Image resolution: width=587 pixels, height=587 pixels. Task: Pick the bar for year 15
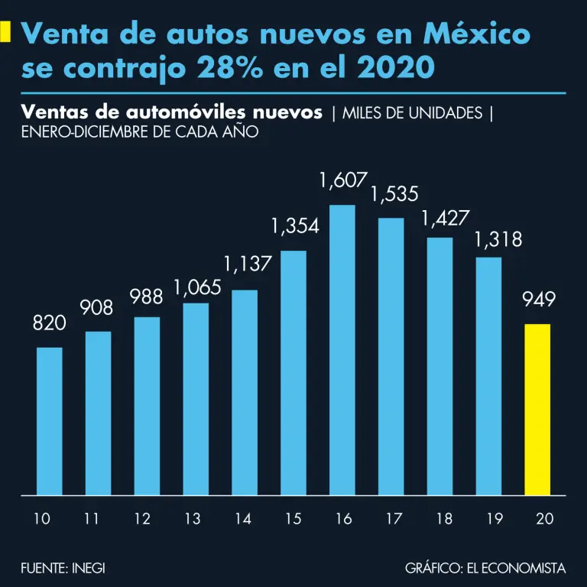click(x=293, y=372)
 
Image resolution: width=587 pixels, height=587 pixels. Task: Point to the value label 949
click(x=538, y=300)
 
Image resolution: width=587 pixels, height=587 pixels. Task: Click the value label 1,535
click(x=394, y=194)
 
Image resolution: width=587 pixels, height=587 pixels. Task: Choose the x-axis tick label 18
click(x=444, y=519)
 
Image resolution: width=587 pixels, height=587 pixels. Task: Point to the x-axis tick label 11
click(x=92, y=519)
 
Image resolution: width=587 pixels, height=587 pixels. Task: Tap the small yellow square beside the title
click(x=5, y=32)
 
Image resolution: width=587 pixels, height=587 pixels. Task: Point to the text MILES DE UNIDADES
click(x=412, y=113)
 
